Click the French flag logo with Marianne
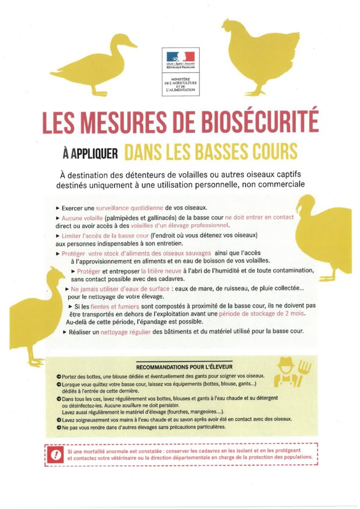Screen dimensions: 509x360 click(x=180, y=57)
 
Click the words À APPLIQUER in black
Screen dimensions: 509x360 click(x=90, y=153)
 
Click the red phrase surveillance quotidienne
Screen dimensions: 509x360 click(x=132, y=208)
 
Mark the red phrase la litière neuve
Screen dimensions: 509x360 click(x=166, y=271)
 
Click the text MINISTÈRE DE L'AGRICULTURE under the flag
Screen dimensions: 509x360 click(x=180, y=83)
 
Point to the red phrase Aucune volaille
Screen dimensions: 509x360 click(x=82, y=218)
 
